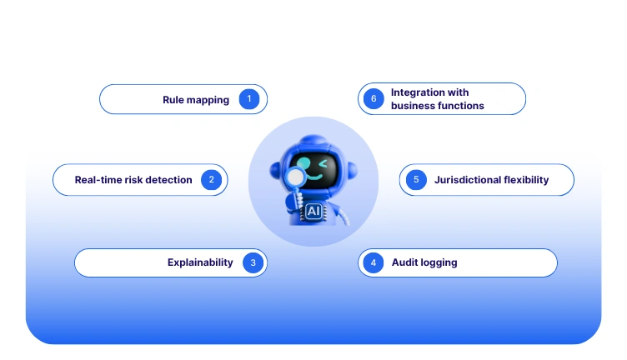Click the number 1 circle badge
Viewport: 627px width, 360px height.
tap(248, 99)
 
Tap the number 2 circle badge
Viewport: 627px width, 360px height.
tap(212, 179)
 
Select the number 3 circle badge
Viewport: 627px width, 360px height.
tap(253, 262)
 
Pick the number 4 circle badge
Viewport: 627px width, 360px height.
tap(373, 262)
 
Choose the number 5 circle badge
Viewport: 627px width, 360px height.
tap(414, 179)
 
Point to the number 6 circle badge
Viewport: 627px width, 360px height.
tap(373, 99)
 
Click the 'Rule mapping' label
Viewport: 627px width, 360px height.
tap(196, 100)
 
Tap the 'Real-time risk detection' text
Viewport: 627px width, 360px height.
tap(133, 180)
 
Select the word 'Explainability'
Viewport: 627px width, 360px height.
tap(200, 262)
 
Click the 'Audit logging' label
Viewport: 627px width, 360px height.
tap(424, 262)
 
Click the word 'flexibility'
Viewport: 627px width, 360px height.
tap(526, 180)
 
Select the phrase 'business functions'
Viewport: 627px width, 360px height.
tap(438, 106)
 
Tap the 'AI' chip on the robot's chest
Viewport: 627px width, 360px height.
tap(313, 211)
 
